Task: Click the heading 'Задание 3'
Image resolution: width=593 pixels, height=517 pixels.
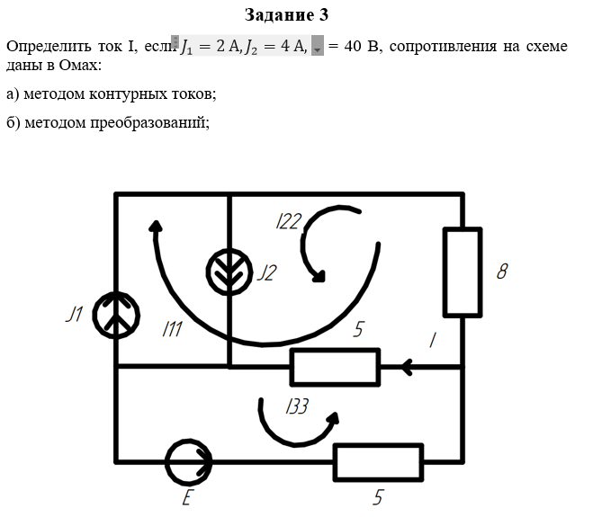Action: [286, 15]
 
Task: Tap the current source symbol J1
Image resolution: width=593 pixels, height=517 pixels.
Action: [116, 315]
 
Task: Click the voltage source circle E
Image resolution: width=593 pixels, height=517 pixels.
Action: [188, 462]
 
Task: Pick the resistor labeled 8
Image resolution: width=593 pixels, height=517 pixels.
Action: [463, 272]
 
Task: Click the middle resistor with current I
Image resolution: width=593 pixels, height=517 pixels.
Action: [335, 367]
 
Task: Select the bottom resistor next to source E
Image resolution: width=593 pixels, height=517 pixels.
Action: [378, 462]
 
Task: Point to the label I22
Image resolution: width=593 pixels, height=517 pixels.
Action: [288, 222]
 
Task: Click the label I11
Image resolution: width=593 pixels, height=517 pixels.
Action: [172, 329]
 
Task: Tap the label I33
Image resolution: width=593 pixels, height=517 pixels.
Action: [297, 407]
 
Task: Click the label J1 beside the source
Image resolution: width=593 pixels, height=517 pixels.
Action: [75, 314]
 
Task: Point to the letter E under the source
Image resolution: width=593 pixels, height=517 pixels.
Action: [187, 497]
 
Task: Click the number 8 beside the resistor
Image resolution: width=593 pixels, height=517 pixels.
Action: [502, 272]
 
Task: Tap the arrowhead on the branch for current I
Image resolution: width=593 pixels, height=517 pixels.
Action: [407, 367]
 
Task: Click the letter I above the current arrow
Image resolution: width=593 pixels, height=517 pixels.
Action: [432, 340]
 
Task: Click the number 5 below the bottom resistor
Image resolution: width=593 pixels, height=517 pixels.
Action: [378, 496]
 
